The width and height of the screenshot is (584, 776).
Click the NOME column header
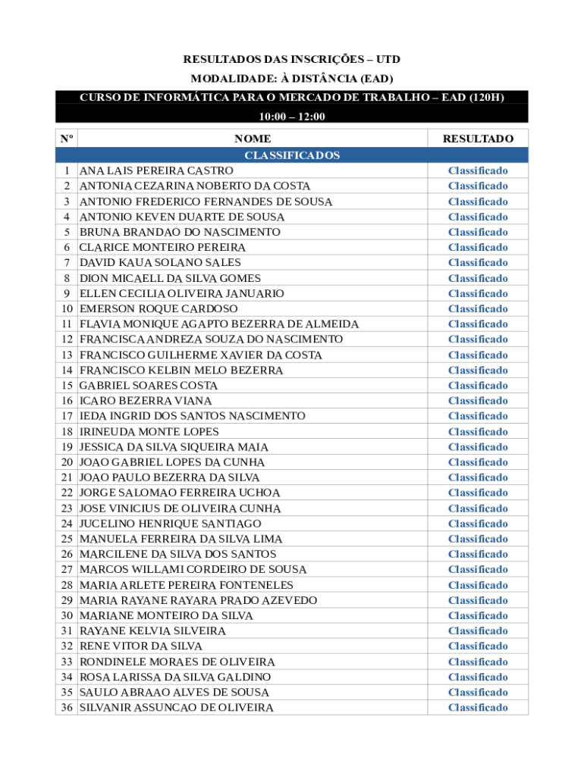pyautogui.click(x=253, y=139)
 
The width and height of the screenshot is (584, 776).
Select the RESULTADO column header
pyautogui.click(x=478, y=139)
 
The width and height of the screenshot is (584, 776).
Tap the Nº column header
pyautogui.click(x=67, y=139)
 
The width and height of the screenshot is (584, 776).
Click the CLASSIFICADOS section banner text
pyautogui.click(x=292, y=155)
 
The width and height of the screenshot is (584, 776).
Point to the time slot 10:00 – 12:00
pyautogui.click(x=292, y=117)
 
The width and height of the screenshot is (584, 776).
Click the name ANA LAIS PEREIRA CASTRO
pyautogui.click(x=156, y=171)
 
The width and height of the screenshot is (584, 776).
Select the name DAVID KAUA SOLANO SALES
pyautogui.click(x=160, y=262)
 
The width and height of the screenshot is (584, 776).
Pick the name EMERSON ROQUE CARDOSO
pyautogui.click(x=159, y=308)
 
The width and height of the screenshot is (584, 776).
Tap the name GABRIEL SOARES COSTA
pyautogui.click(x=149, y=385)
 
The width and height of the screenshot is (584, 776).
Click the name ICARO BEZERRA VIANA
pyautogui.click(x=146, y=400)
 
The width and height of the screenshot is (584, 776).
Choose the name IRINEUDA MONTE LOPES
pyautogui.click(x=149, y=431)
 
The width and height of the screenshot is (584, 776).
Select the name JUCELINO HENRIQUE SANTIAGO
pyautogui.click(x=170, y=523)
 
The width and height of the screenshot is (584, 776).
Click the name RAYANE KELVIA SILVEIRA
pyautogui.click(x=152, y=630)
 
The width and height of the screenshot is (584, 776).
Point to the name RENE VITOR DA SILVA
pyautogui.click(x=141, y=646)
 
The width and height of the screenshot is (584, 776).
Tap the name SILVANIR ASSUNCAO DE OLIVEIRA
pyautogui.click(x=177, y=707)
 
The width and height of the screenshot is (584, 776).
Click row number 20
pyautogui.click(x=67, y=462)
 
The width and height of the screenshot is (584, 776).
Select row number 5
pyautogui.click(x=68, y=232)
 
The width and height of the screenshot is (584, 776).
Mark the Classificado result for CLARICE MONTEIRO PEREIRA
pyautogui.click(x=478, y=247)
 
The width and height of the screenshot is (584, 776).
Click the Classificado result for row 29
pyautogui.click(x=478, y=600)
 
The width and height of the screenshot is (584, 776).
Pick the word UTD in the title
pyautogui.click(x=388, y=59)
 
